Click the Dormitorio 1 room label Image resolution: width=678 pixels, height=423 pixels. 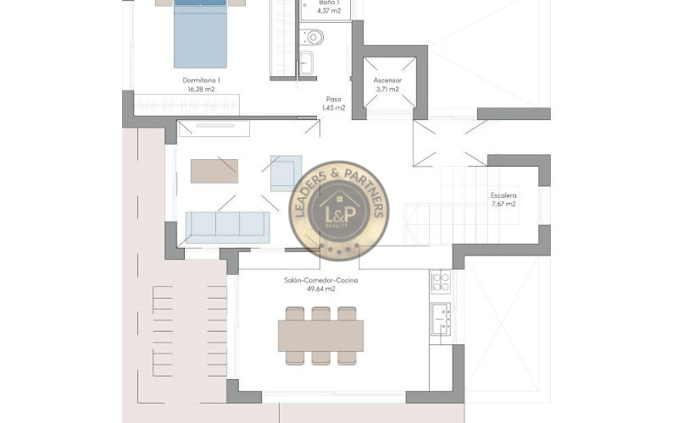(x=201, y=80)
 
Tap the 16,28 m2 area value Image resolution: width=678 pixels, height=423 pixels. (x=201, y=90)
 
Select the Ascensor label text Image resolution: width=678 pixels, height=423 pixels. (x=387, y=80)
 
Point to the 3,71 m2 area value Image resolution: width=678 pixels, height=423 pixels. (x=387, y=90)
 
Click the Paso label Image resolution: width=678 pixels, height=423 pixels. (x=333, y=99)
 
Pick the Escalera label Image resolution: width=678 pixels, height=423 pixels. (x=503, y=195)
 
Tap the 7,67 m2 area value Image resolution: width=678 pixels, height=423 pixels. (x=503, y=204)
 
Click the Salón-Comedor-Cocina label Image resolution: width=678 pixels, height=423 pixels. (x=321, y=280)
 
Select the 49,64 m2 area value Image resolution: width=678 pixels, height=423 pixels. (x=321, y=288)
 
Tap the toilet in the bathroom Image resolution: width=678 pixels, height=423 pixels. (x=311, y=37)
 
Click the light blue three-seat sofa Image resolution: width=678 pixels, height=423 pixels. (x=227, y=227)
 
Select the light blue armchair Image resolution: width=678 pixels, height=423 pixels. (x=286, y=173)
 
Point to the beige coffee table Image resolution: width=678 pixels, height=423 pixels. (x=214, y=171)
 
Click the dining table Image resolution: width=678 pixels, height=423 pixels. (x=320, y=335)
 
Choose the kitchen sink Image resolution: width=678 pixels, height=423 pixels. (x=441, y=319)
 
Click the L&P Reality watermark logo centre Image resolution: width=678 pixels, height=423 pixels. (x=339, y=211)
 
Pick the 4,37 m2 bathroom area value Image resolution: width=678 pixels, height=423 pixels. (x=329, y=11)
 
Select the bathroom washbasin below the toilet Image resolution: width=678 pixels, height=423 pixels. (x=307, y=63)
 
